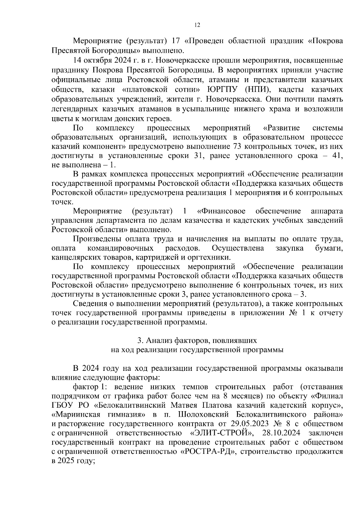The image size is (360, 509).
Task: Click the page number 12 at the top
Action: (x=197, y=25)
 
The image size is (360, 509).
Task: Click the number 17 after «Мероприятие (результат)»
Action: (x=176, y=40)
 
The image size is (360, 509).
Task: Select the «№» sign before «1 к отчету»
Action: (x=295, y=313)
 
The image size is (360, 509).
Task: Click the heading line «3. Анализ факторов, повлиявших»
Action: (x=197, y=341)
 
